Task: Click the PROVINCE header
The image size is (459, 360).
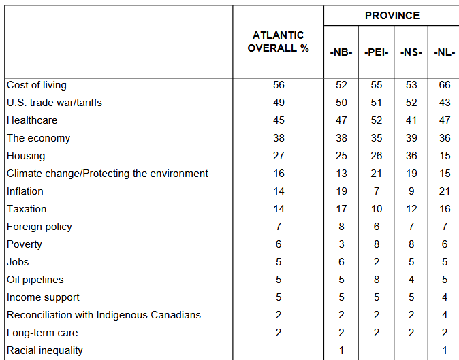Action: [x=392, y=15]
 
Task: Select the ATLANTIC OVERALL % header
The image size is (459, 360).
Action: [x=278, y=42]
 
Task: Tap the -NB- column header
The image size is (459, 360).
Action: [x=341, y=52]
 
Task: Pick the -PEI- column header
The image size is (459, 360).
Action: [x=376, y=52]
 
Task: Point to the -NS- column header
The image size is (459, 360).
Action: [x=411, y=52]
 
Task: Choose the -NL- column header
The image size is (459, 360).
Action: [x=445, y=52]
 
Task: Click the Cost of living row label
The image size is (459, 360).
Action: [x=37, y=85]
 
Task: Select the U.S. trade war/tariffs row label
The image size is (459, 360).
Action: [x=54, y=103]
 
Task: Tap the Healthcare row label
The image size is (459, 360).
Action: [x=32, y=120]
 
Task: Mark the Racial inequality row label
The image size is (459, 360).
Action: [x=44, y=350]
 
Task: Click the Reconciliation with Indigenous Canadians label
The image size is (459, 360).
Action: [x=104, y=315]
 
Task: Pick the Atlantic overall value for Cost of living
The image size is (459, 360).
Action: [x=279, y=85]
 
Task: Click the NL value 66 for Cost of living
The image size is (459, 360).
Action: [x=445, y=85]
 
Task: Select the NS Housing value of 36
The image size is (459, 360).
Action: [x=411, y=156]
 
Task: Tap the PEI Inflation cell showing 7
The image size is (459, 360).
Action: [x=377, y=191]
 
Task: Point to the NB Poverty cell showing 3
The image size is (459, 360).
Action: [x=341, y=244]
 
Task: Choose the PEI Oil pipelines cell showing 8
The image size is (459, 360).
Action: [x=377, y=280]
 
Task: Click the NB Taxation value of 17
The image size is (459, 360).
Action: [x=341, y=209]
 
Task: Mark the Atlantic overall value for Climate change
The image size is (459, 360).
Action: [x=279, y=174]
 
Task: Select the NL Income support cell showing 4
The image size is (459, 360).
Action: [x=445, y=297]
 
